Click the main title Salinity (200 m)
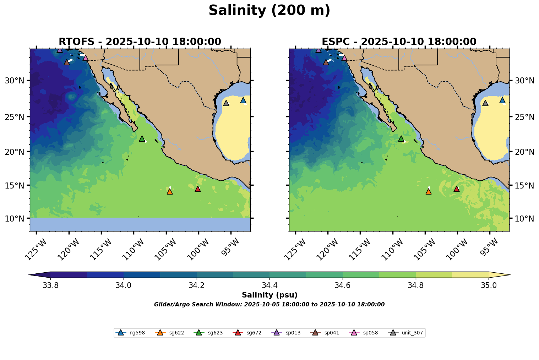[x=269, y=11]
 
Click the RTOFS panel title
[x=140, y=42]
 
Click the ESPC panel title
[x=399, y=42]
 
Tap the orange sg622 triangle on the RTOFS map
[x=170, y=191]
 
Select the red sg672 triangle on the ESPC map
[x=457, y=189]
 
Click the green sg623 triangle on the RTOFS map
[x=142, y=138]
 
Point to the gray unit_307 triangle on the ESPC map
[x=485, y=103]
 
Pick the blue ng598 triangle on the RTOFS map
[x=243, y=100]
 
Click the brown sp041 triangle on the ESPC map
[x=326, y=62]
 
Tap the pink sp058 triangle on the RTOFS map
[x=85, y=58]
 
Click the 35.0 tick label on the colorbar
[x=489, y=285]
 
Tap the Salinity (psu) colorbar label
[x=269, y=295]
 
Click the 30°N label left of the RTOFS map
[x=14, y=81]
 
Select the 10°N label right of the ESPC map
[x=524, y=218]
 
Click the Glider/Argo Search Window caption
[x=269, y=305]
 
